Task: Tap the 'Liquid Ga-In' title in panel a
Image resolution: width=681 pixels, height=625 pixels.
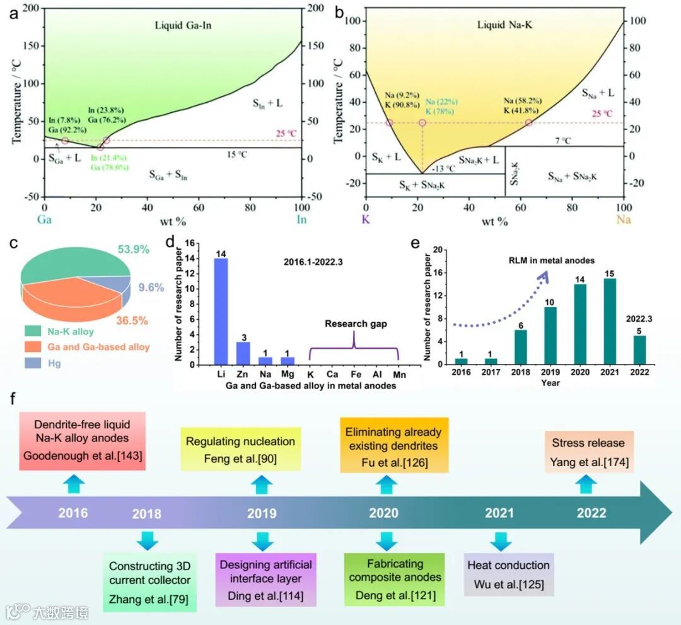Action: [x=182, y=26]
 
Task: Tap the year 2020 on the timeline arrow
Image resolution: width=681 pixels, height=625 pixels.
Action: [x=383, y=513]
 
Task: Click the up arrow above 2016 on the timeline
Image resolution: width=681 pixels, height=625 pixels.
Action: [x=73, y=484]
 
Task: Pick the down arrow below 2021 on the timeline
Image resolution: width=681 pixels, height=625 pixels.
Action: [x=501, y=541]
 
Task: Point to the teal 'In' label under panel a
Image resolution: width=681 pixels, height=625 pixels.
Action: [x=301, y=220]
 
